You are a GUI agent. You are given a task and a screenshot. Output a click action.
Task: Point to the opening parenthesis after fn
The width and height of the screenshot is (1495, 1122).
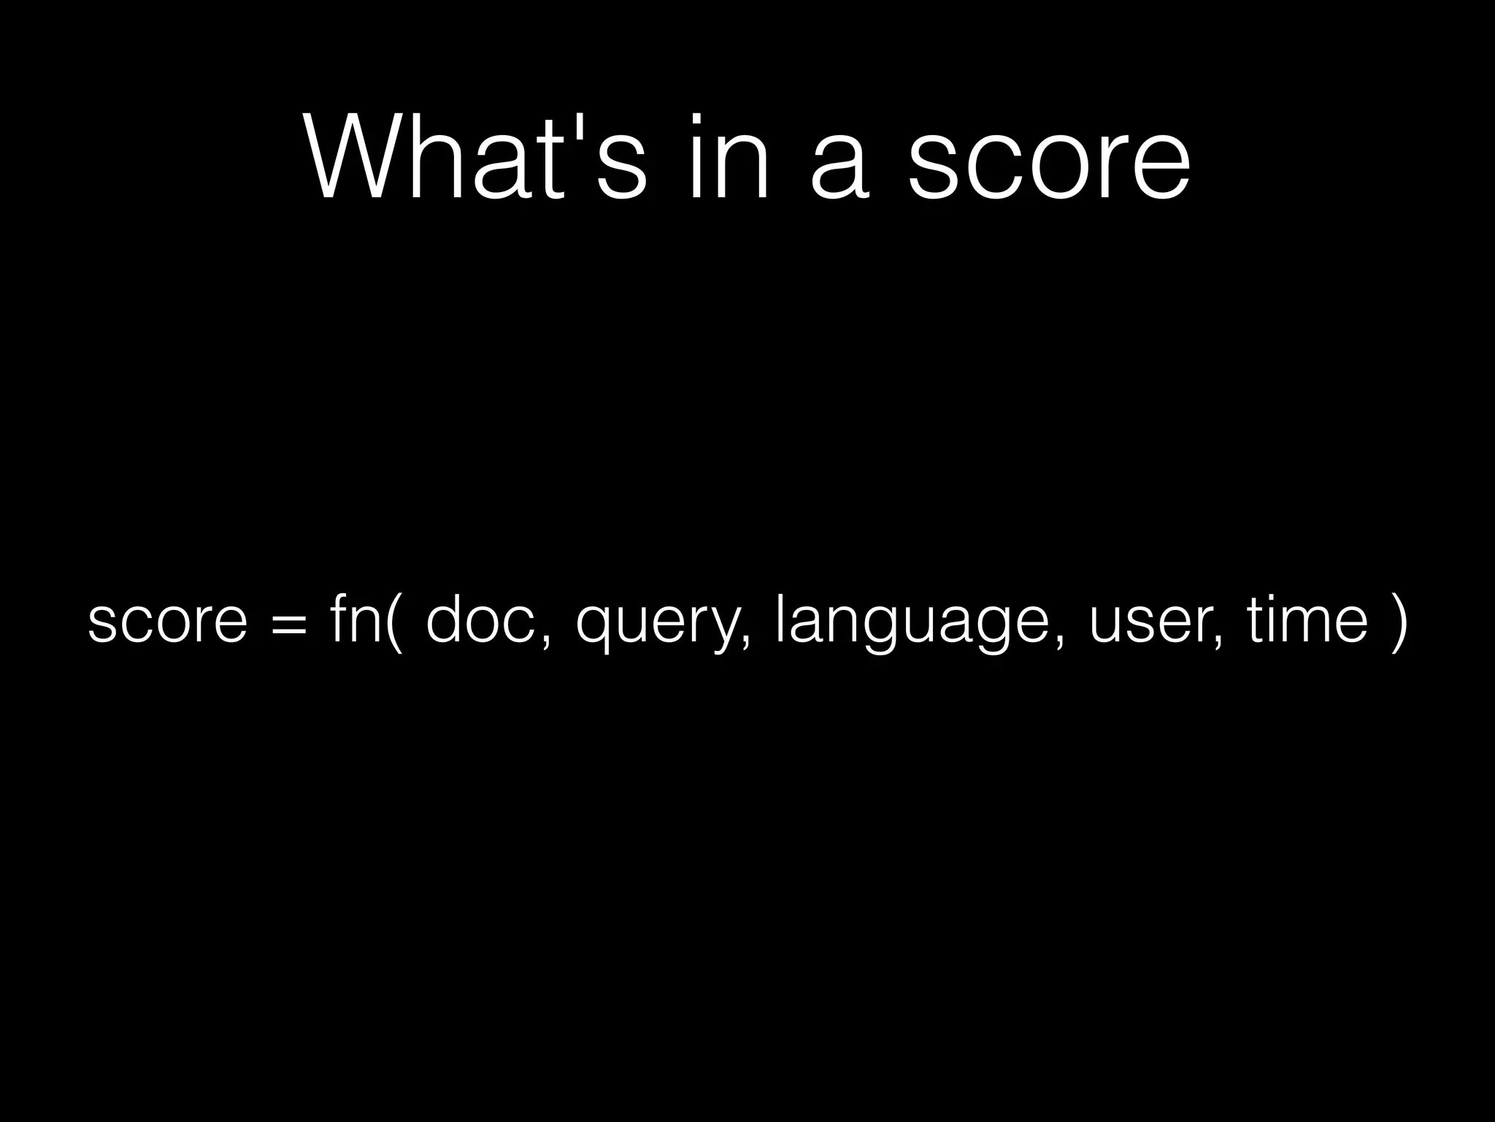pos(395,621)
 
